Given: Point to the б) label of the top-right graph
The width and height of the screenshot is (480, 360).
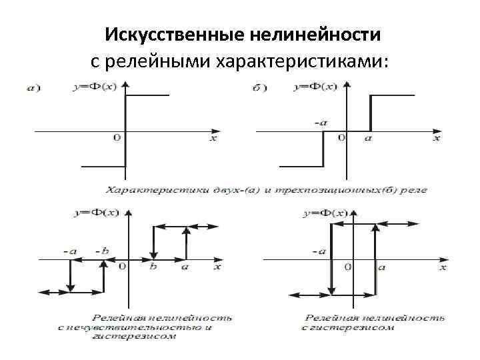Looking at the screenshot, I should tap(260, 87).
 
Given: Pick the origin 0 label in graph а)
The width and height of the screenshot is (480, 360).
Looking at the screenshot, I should tap(117, 138).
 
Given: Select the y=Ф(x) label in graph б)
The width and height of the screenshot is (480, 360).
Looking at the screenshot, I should tap(315, 87).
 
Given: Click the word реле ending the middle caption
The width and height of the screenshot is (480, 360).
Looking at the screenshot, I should tap(415, 190).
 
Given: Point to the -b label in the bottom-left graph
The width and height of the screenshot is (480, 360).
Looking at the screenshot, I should tap(101, 251).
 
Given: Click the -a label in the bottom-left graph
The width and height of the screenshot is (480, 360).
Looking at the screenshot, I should tap(70, 251).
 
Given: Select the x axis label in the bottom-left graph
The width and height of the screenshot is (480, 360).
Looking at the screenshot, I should tap(217, 267).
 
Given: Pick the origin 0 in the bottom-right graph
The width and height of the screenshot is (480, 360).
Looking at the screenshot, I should tap(348, 267).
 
